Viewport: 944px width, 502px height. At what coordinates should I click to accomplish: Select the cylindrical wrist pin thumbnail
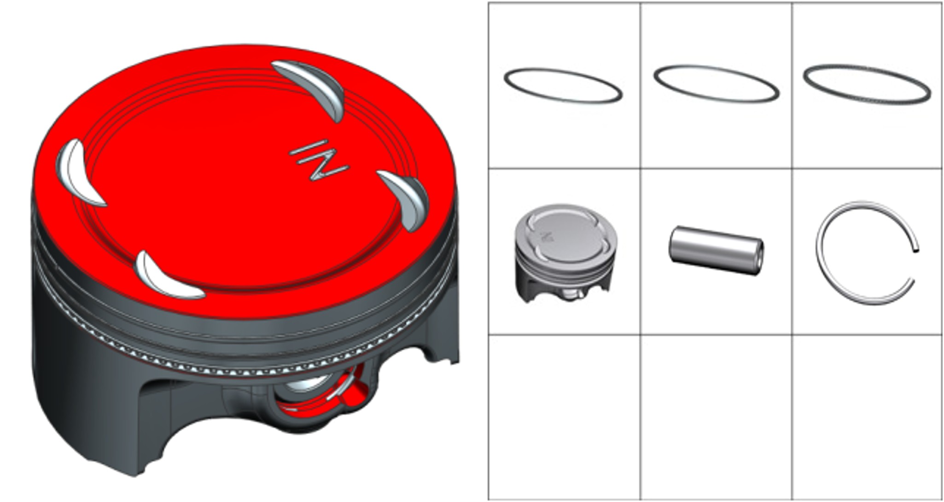point(716,251)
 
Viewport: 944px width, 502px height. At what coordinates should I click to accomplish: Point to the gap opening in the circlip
point(915,265)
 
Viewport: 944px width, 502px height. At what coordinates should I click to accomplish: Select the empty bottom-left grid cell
point(564,417)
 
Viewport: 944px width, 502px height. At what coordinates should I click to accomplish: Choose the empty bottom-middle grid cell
point(716,417)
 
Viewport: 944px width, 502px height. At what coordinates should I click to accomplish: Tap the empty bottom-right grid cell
point(867,417)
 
